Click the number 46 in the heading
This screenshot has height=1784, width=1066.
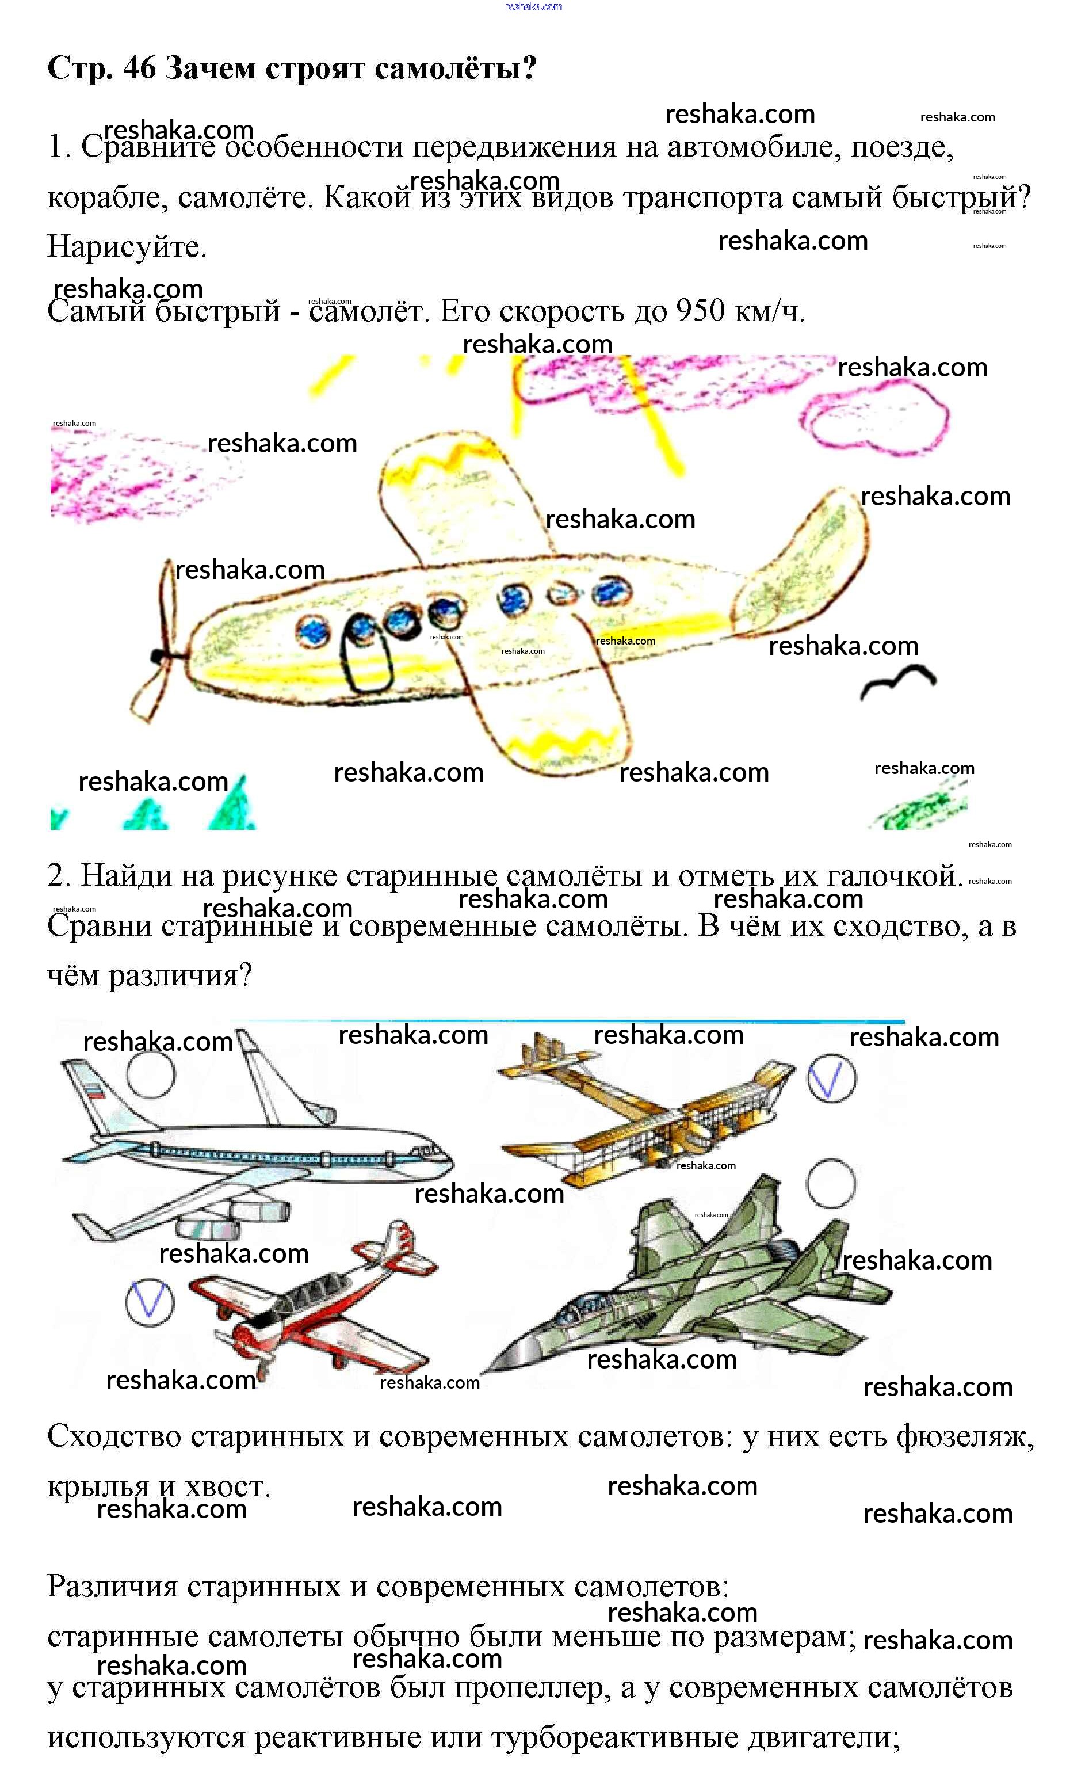tap(139, 68)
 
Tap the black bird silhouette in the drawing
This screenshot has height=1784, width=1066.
tap(898, 681)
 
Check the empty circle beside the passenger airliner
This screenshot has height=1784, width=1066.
tap(151, 1073)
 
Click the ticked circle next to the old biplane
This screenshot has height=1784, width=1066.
tap(831, 1078)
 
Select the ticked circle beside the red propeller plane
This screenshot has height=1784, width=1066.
tap(150, 1303)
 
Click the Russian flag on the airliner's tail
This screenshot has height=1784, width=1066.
tap(95, 1093)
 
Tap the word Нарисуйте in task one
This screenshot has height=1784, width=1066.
tap(127, 246)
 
